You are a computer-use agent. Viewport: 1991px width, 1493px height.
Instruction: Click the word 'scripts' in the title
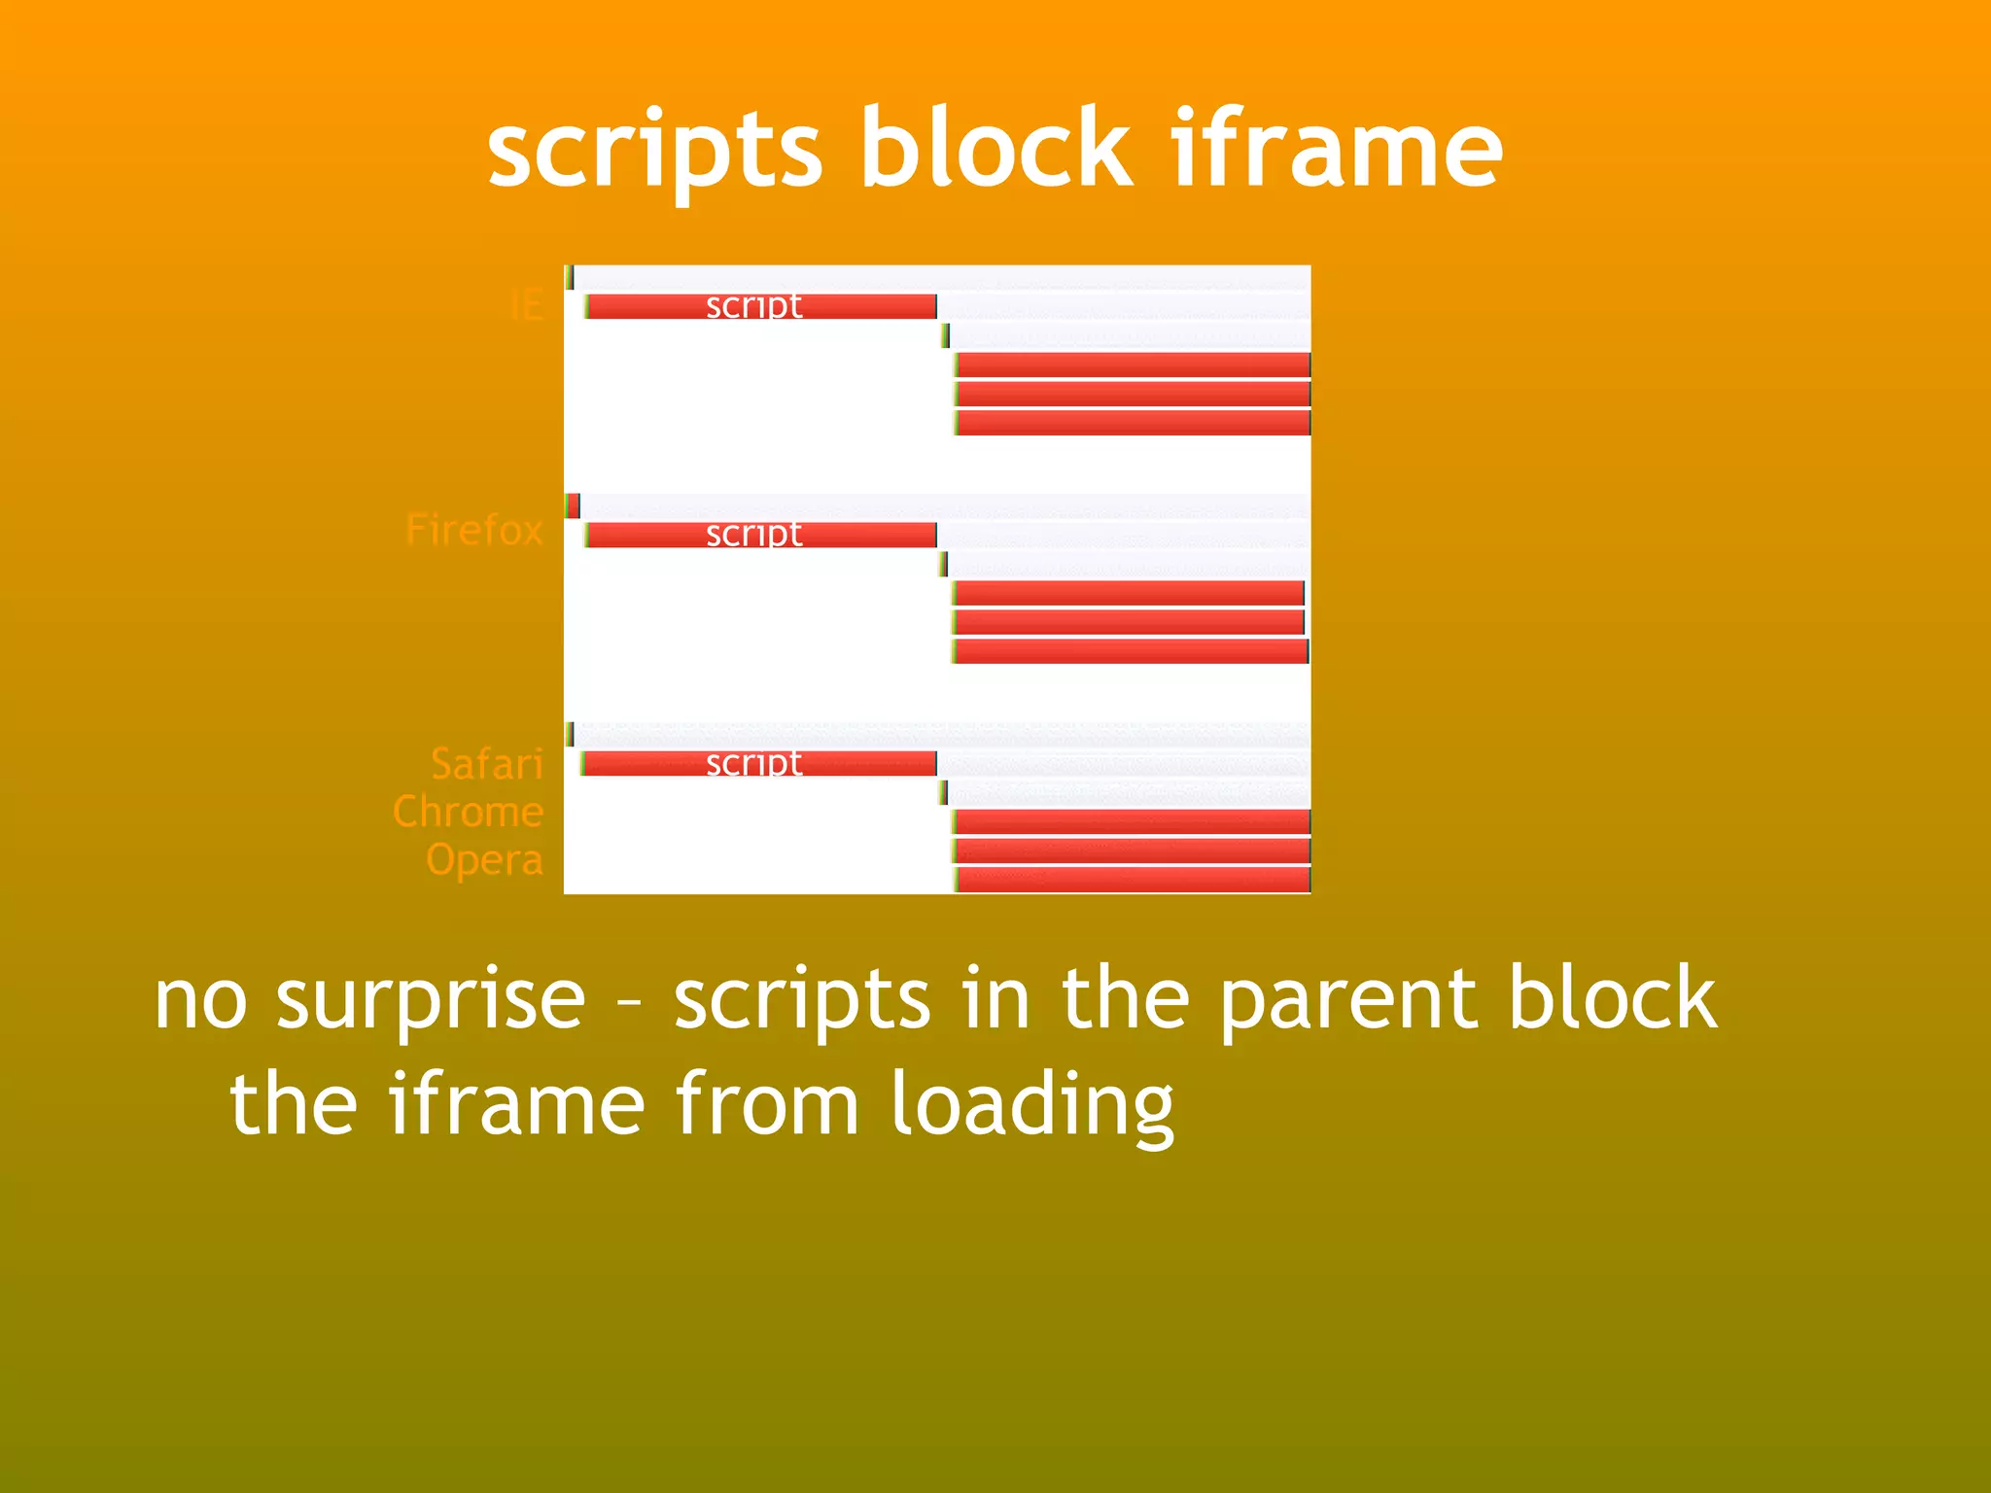[x=654, y=151]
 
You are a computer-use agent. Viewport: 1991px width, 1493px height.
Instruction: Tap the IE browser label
[x=526, y=306]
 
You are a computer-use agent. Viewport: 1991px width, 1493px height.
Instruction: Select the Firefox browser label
[x=473, y=530]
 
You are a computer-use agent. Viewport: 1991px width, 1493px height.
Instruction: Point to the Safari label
[x=486, y=764]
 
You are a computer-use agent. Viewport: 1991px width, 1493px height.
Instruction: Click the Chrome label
[x=468, y=812]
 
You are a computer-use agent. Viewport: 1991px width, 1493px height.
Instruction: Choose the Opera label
[x=483, y=860]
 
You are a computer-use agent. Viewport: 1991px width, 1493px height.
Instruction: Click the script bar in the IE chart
[x=761, y=307]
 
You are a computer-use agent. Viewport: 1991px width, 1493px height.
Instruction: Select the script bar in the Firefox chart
[x=761, y=535]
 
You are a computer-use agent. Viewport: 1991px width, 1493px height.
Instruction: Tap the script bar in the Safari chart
[x=758, y=764]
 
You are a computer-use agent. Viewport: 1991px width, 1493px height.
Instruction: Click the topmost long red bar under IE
[x=1133, y=365]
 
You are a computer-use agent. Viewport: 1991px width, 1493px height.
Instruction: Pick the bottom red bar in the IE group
[x=1133, y=423]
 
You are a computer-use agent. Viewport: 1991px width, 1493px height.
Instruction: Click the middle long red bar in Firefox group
[x=1128, y=622]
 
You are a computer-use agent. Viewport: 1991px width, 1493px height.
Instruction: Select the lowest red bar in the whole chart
[x=1133, y=880]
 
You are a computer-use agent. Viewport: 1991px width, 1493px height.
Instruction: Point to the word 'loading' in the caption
[x=1031, y=1106]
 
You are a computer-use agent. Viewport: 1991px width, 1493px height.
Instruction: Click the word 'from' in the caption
[x=767, y=1104]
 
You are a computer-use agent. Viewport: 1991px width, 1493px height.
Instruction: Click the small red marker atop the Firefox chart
[x=574, y=505]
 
